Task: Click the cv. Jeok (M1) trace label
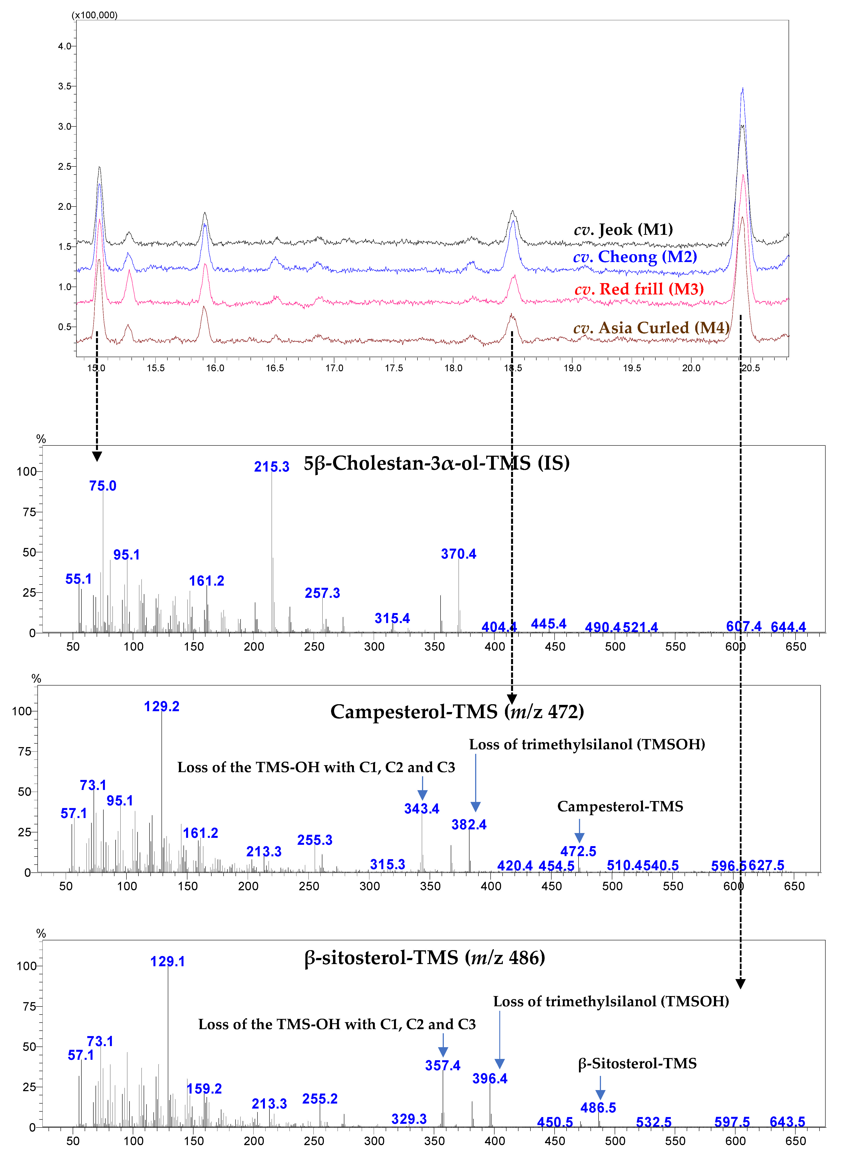[x=623, y=229]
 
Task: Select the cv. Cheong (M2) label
[x=635, y=257]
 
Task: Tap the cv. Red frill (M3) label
[x=639, y=289]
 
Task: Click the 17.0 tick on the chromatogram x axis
[x=334, y=368]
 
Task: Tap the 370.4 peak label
[x=458, y=554]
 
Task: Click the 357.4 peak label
[x=443, y=1065]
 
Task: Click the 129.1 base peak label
[x=167, y=961]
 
